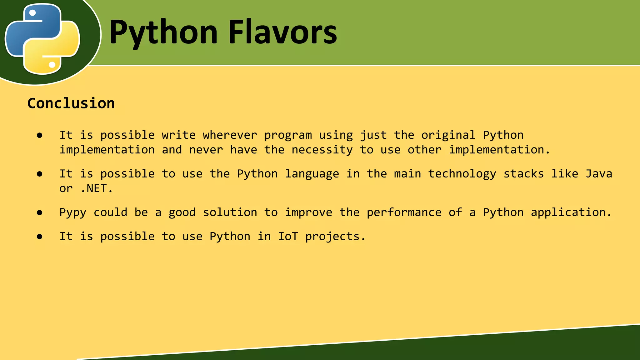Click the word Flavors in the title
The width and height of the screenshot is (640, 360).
282,32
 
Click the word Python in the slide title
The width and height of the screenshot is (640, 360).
163,32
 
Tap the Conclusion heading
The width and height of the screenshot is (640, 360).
71,103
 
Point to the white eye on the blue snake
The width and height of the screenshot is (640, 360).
32,13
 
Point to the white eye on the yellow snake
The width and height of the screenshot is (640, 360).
52,65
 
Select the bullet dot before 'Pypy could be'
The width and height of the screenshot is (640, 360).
39,213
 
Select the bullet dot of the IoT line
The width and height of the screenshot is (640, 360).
39,237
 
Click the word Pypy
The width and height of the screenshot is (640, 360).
72,213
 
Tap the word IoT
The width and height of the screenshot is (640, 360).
288,236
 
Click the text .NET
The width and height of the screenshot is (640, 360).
96,188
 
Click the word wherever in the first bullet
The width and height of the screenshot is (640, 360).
230,135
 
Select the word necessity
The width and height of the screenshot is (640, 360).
322,150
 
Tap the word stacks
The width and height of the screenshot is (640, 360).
523,174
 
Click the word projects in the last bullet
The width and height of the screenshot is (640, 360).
335,237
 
